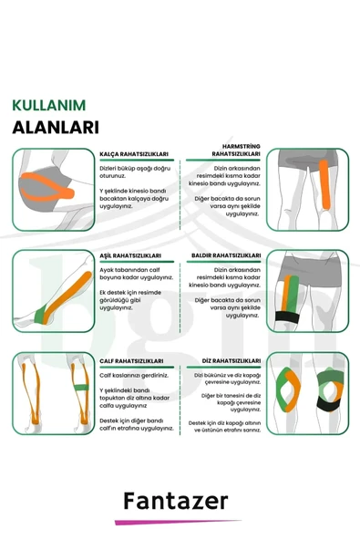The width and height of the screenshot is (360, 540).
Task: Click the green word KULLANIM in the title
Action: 49,106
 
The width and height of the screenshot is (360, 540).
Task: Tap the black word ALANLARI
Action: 56,128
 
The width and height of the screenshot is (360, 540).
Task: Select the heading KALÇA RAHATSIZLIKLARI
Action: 134,154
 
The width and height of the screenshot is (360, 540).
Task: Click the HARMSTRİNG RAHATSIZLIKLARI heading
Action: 236,151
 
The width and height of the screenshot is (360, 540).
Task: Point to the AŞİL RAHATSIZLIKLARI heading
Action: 130,255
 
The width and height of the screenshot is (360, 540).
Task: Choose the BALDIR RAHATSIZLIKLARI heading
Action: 226,255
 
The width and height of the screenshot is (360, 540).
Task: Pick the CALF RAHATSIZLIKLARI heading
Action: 131,361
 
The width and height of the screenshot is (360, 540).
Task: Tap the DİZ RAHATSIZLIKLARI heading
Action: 231,361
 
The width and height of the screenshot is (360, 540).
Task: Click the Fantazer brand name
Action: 176,501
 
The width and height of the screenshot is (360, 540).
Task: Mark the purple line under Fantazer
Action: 178,522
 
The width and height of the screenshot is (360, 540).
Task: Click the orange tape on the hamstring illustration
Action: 324,184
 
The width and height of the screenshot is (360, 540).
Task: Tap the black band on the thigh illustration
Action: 287,317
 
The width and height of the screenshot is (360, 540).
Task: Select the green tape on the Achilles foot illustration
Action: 42,315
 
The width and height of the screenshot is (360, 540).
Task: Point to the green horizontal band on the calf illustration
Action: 81,387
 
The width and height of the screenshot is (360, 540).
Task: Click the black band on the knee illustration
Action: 329,404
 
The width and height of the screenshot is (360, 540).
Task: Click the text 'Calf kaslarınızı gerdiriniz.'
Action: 134,376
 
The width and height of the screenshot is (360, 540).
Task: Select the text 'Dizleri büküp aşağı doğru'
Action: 135,169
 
